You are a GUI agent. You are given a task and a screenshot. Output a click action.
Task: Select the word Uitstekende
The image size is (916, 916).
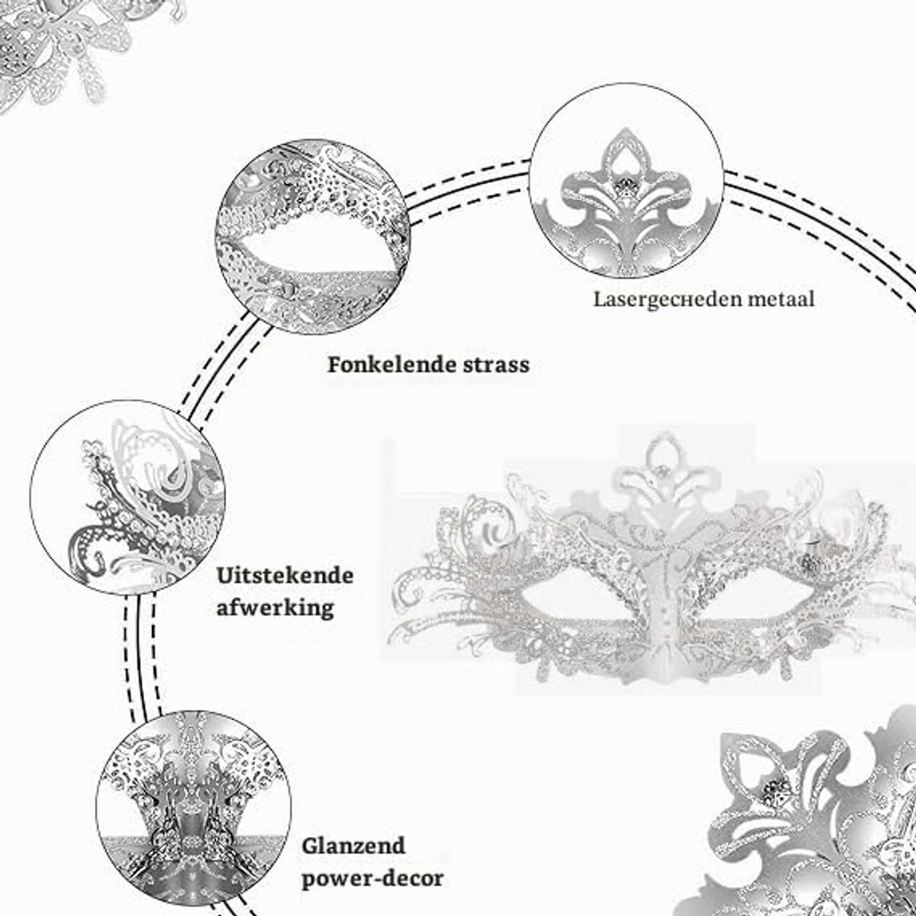click(285, 576)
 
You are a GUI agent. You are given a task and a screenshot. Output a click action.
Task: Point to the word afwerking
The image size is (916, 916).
click(276, 608)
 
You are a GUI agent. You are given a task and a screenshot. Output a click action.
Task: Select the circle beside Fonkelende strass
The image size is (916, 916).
click(313, 236)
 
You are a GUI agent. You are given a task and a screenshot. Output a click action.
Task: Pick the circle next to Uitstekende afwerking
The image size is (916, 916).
click(127, 497)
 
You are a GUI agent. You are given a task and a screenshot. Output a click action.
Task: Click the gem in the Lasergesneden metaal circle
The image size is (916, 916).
click(625, 186)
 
